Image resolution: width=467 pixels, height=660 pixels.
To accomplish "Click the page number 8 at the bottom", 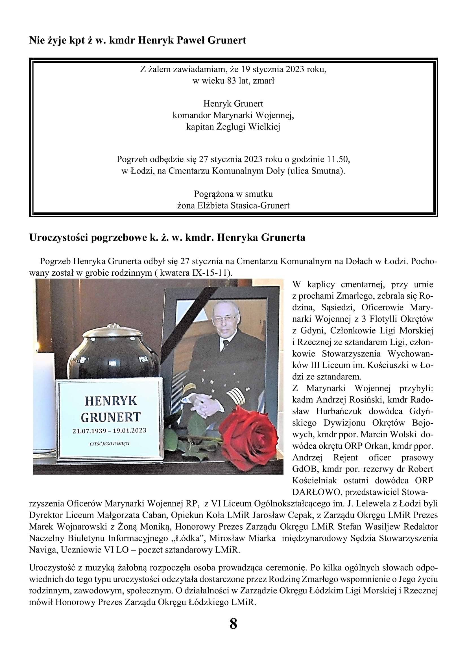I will (233, 624).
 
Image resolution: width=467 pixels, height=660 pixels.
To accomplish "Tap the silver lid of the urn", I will (112, 333).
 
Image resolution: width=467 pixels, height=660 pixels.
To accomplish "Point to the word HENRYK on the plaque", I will (111, 401).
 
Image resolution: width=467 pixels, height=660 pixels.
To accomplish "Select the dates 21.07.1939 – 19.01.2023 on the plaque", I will (109, 431).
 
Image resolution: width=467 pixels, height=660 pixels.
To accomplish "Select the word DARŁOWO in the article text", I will (315, 492).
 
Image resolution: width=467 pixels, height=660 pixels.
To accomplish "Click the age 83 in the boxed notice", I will (232, 81).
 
